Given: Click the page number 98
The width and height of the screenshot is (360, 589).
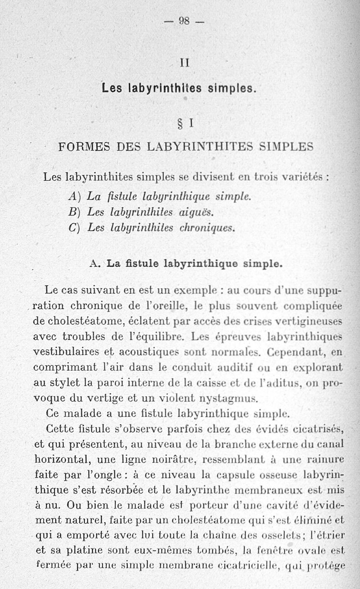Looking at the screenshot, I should click(x=184, y=20).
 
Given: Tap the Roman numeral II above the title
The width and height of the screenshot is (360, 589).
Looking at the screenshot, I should click(x=184, y=63).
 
